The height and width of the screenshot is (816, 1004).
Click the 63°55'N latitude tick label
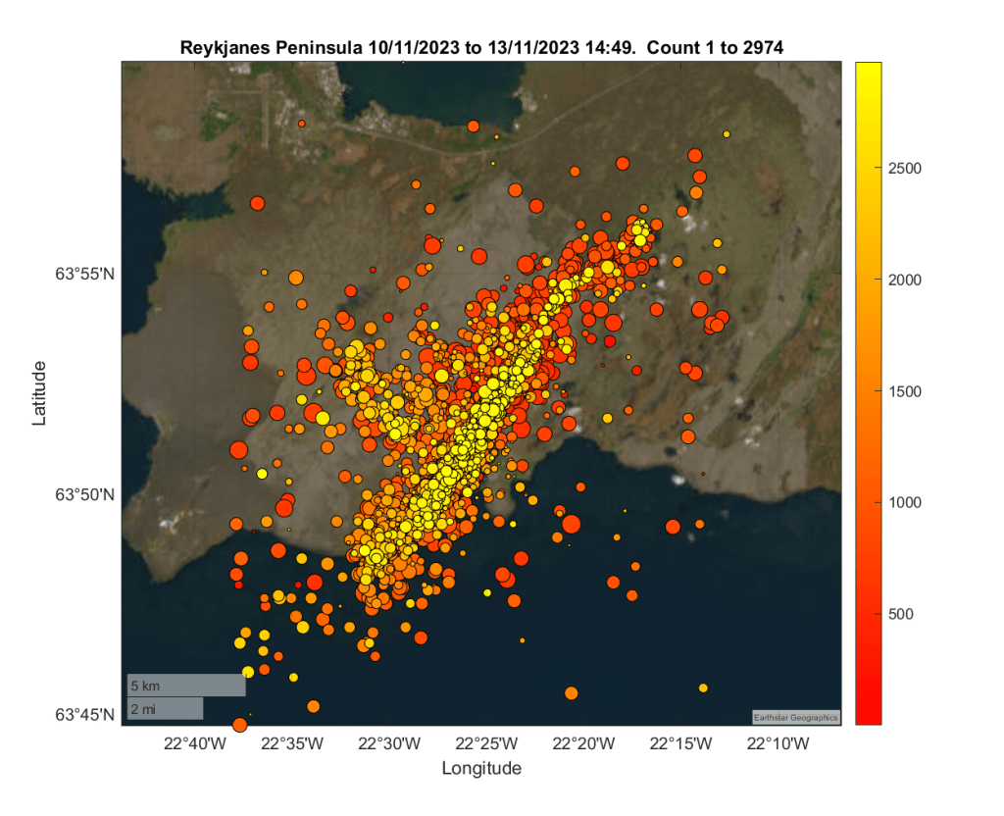click(85, 275)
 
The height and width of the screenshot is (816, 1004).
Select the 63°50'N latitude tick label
click(85, 495)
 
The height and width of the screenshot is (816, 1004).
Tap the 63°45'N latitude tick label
click(85, 715)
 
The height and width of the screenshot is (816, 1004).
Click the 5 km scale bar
click(185, 686)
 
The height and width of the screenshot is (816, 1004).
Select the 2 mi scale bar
click(165, 708)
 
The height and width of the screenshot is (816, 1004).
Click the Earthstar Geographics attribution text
click(796, 717)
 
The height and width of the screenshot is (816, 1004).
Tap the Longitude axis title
click(481, 769)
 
